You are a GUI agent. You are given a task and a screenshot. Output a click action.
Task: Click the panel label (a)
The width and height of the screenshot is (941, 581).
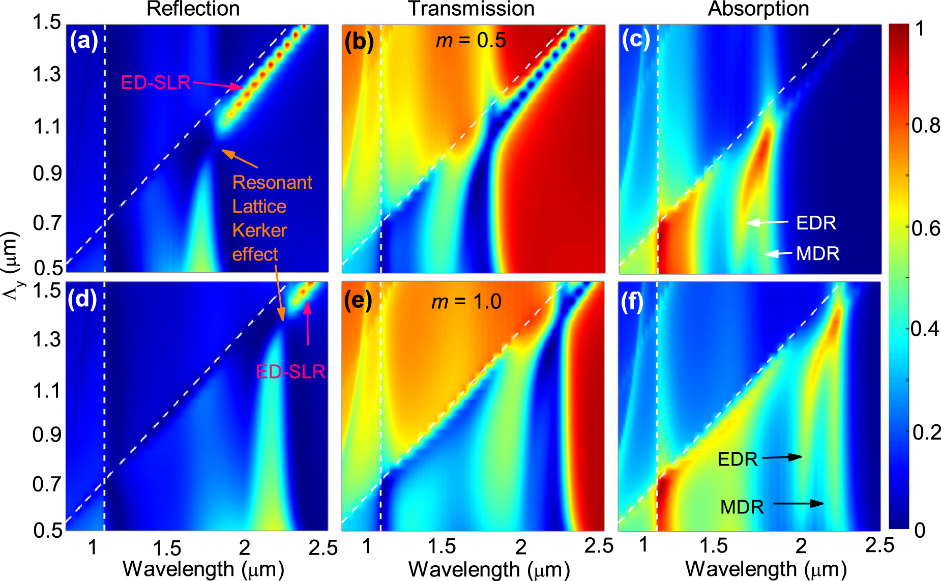coord(83,41)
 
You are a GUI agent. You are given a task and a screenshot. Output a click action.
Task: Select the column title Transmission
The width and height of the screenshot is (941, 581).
coord(471,9)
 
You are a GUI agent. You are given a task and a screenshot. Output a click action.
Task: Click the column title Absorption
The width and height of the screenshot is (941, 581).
coord(758,9)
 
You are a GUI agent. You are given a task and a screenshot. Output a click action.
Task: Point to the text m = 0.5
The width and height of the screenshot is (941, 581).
coord(471,41)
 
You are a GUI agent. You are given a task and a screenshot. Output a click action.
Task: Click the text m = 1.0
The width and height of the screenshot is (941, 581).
coord(466,302)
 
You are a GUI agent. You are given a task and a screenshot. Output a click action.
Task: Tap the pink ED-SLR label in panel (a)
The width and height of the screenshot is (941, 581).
coord(156,82)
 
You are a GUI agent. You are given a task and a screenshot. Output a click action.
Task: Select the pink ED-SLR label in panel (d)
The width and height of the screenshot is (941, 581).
coord(290,372)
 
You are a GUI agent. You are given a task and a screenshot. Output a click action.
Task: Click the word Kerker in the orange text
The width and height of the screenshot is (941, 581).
coord(259,230)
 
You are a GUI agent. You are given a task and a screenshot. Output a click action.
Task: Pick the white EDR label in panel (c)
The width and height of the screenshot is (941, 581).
coord(816,223)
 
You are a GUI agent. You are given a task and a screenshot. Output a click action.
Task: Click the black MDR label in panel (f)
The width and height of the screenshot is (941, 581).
coord(742,507)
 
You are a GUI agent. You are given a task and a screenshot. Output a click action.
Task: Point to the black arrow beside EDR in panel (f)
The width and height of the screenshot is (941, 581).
coord(782,457)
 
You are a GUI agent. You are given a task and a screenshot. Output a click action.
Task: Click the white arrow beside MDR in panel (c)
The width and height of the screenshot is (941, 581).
coord(779,253)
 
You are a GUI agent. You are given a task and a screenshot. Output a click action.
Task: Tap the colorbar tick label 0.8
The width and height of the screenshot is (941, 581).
coord(926,125)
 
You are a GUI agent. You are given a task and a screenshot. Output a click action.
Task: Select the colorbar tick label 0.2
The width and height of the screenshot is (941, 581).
coord(926,432)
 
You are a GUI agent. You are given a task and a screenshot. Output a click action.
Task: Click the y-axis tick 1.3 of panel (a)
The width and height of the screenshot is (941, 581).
coord(47,75)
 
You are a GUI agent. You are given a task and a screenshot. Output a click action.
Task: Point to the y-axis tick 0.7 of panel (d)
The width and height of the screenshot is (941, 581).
coord(47,484)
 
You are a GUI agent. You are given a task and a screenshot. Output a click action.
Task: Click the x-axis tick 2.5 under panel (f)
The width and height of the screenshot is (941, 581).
coord(879,545)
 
